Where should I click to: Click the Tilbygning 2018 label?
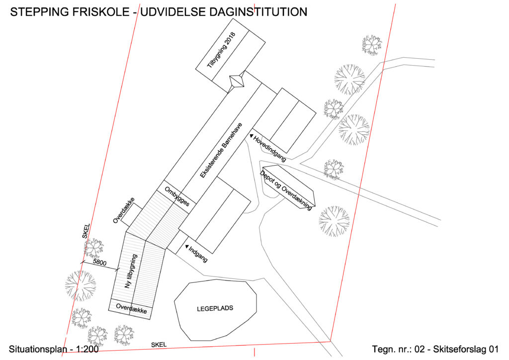click(x=221, y=50)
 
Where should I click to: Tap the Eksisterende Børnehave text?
click(x=221, y=150)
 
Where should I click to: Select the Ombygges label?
click(x=177, y=197)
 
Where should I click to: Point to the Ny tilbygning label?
click(x=131, y=271)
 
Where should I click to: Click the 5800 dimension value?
click(x=99, y=262)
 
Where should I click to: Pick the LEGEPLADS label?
click(x=215, y=308)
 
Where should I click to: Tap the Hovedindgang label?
click(x=270, y=149)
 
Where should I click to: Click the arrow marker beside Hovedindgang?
click(x=251, y=136)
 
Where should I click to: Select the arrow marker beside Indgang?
click(x=187, y=247)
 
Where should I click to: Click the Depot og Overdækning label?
click(x=286, y=190)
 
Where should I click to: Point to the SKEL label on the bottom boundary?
click(x=159, y=345)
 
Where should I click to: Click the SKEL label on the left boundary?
click(x=86, y=231)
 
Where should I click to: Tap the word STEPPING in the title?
click(x=40, y=12)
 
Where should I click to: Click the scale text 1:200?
click(x=87, y=349)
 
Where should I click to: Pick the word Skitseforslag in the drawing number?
click(x=458, y=349)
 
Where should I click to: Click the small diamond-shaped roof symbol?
click(x=237, y=81)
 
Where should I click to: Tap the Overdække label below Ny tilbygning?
click(x=131, y=308)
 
